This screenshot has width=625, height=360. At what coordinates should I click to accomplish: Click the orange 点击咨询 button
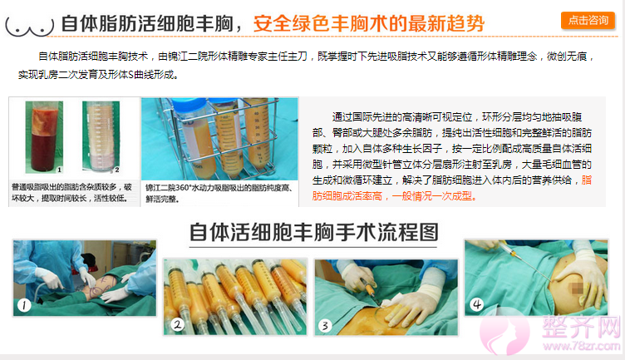585,20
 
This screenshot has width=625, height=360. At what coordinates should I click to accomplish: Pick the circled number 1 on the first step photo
25,305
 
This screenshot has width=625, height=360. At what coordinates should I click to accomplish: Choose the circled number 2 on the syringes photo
178,325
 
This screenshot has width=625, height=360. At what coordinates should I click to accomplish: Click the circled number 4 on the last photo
476,304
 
